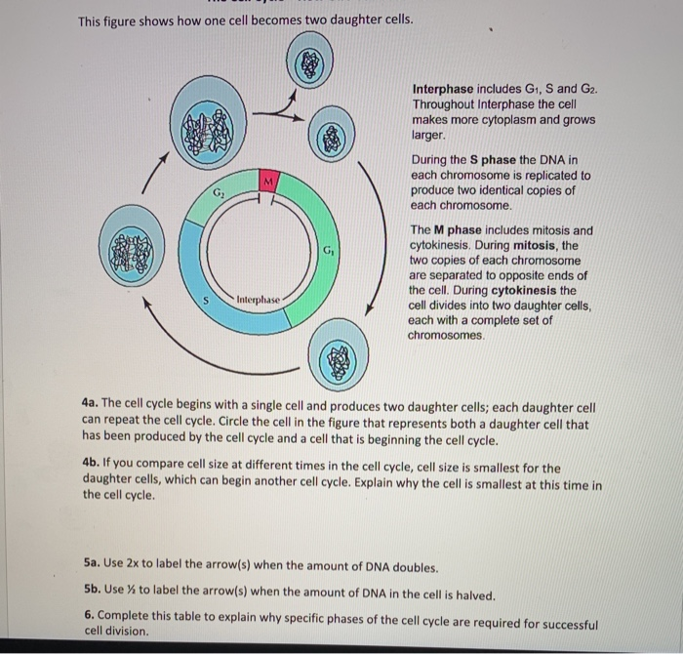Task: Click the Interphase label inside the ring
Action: [x=258, y=297]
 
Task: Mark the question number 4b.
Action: [x=92, y=467]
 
